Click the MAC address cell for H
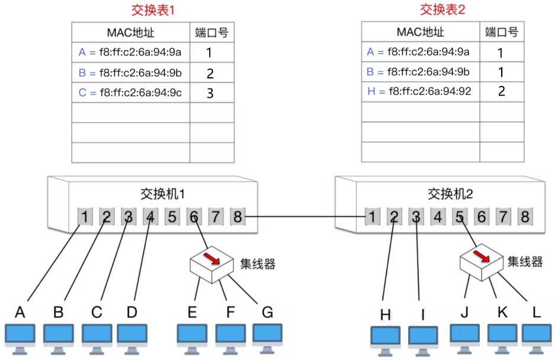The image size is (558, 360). pyautogui.click(x=420, y=92)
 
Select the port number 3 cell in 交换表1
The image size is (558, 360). pyautogui.click(x=209, y=93)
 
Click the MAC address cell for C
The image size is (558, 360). pyautogui.click(x=130, y=93)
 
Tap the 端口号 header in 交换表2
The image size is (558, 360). pyautogui.click(x=501, y=32)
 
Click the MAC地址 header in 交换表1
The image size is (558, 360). pyautogui.click(x=130, y=32)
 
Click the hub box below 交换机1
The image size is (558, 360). pyautogui.click(x=212, y=265)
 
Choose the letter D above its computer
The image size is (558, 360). pyautogui.click(x=132, y=312)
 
